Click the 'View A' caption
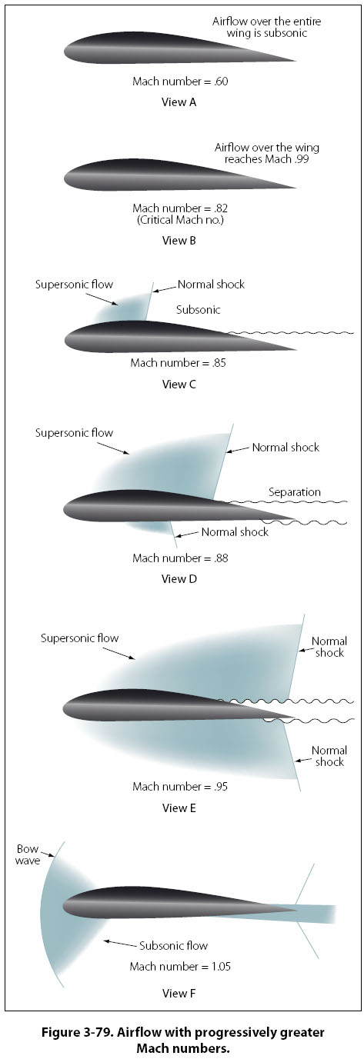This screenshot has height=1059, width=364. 179,102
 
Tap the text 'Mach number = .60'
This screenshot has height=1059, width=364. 180,82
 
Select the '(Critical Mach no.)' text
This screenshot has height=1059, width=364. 180,220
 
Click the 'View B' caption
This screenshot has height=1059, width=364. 179,241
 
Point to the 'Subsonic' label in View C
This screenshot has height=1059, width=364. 199,310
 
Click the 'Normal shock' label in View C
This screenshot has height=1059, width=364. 211,284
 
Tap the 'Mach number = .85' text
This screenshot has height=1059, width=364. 179,363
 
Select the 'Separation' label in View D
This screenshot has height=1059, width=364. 295,492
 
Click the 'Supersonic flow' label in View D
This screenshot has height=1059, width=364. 75,432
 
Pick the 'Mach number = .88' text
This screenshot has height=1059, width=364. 180,558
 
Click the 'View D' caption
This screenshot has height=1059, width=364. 179,578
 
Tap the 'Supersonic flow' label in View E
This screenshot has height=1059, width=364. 79,638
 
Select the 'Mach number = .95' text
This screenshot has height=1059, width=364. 180,787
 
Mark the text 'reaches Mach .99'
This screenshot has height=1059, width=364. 266,159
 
